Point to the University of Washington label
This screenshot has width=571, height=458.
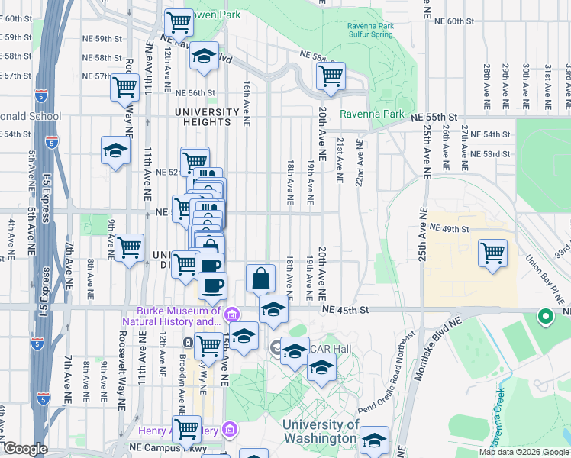[x=320, y=431]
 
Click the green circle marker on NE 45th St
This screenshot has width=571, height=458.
[x=545, y=315]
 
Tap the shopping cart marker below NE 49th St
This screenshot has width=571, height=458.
[x=492, y=253]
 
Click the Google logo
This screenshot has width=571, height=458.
[x=24, y=449]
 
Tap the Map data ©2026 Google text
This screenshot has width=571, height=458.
[x=524, y=452]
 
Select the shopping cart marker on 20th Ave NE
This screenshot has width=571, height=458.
[x=331, y=76]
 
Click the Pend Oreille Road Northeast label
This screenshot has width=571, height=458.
[x=389, y=373]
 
